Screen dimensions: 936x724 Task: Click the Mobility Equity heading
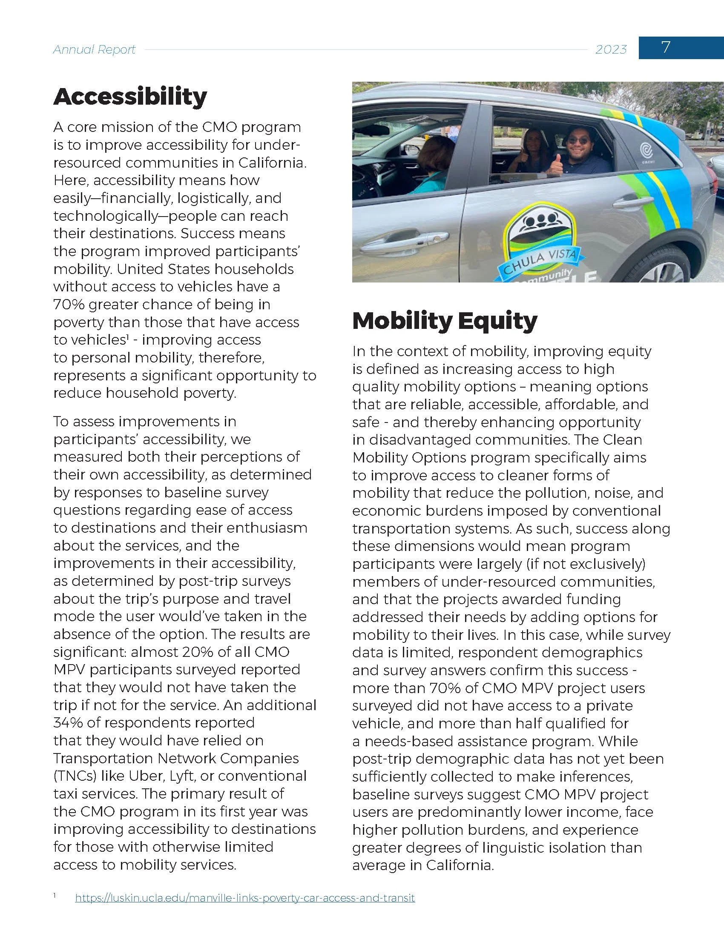click(444, 320)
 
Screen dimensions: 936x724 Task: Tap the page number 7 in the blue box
click(665, 47)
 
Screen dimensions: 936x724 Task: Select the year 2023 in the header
click(611, 50)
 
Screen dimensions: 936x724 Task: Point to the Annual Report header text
click(95, 50)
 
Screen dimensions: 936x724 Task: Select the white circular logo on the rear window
click(646, 151)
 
